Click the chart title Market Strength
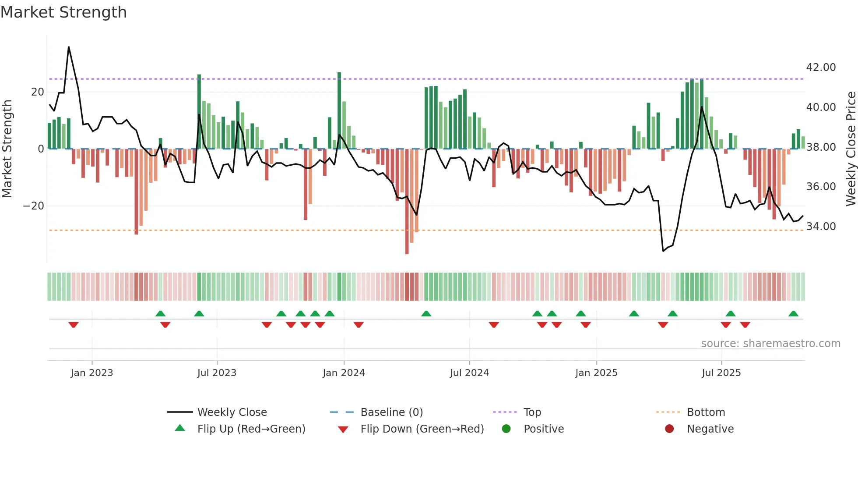coord(63,12)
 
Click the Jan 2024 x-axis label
coord(344,373)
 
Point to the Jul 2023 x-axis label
coord(217,373)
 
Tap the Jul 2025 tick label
coord(721,373)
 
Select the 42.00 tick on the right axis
coord(821,67)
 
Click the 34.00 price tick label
coord(821,227)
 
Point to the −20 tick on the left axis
coord(33,206)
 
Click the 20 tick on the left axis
coord(38,92)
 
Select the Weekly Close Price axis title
coord(851,149)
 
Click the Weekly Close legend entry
coord(232,412)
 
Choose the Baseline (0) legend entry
coord(391,412)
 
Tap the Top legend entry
coord(532,412)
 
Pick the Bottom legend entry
coord(706,412)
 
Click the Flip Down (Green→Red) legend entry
coord(422,429)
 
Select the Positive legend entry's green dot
coord(506,429)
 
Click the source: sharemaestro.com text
coord(770,344)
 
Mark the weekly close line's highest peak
coord(69,47)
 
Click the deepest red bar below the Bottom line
coord(407,250)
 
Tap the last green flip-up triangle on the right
coord(793,314)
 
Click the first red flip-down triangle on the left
coord(74,325)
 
